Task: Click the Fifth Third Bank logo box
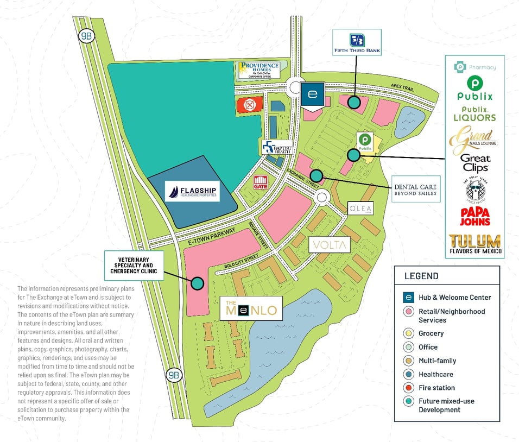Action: coord(357,42)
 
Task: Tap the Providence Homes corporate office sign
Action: coord(258,70)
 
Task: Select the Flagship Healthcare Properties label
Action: coord(192,191)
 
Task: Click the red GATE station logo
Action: coord(261,182)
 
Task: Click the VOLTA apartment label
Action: coord(330,245)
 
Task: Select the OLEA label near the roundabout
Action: coord(361,209)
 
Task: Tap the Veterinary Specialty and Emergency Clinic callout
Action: coord(134,265)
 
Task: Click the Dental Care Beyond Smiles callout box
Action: coord(415,190)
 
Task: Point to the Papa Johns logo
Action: coord(475,216)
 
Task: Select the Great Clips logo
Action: coord(475,163)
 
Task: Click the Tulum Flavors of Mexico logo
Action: coord(475,244)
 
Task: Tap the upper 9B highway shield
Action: coord(86,36)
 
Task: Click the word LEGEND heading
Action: coord(421,276)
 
